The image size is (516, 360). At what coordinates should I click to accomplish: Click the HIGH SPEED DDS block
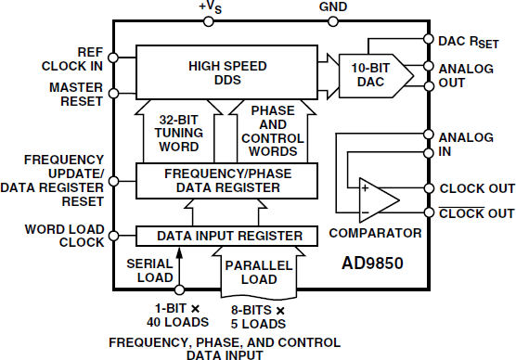227,72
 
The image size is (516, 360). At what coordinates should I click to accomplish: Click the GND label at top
332,7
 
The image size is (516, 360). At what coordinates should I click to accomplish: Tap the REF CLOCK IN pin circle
113,58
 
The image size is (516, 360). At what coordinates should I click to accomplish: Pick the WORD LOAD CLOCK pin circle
113,235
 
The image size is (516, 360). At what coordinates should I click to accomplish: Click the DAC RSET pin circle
427,41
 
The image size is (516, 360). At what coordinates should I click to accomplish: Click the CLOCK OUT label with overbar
477,213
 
